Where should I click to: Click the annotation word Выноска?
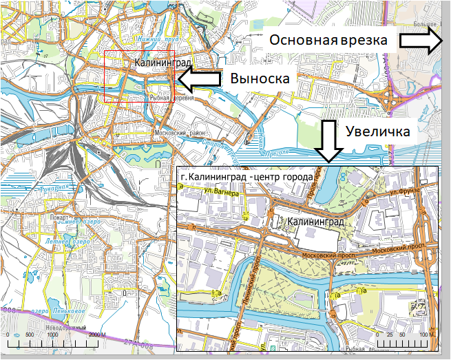[258, 79]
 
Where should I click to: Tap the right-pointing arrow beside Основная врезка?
[421, 41]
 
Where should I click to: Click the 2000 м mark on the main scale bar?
[96, 334]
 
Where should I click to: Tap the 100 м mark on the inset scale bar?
[424, 334]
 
